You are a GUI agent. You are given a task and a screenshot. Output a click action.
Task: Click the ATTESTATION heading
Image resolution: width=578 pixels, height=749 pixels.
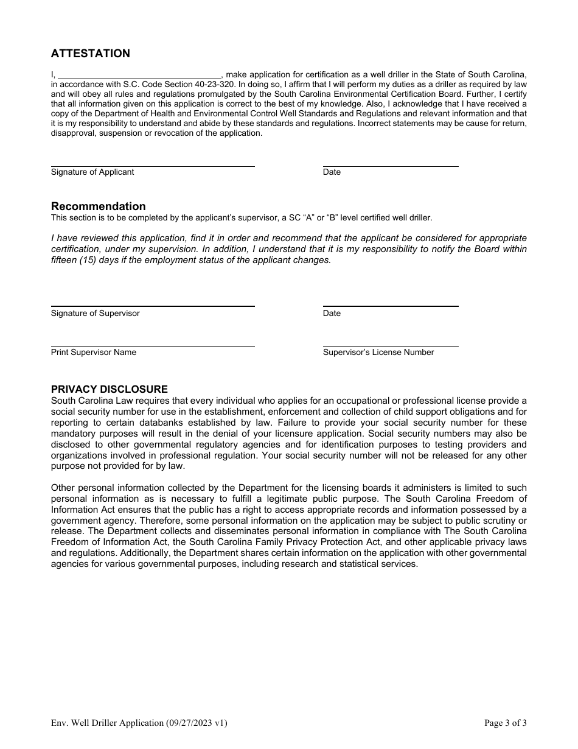[90, 54]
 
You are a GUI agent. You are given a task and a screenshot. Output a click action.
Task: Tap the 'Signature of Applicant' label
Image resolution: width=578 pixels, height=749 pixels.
[92, 172]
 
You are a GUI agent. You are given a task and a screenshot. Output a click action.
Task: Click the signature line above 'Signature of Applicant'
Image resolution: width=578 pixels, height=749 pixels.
[152, 165]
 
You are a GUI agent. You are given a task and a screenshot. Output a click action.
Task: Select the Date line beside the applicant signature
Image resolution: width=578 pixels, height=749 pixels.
[390, 165]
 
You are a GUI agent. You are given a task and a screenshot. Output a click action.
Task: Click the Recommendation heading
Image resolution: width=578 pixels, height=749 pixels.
[98, 206]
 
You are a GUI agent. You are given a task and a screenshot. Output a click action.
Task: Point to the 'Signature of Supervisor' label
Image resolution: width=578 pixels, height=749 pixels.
[95, 314]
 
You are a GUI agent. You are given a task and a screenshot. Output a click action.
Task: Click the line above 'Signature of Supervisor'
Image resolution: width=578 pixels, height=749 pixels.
[152, 306]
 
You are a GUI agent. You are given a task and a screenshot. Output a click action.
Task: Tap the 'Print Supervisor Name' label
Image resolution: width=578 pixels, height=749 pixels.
[93, 353]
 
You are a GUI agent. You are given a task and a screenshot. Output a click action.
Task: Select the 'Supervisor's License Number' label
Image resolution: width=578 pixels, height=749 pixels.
[378, 353]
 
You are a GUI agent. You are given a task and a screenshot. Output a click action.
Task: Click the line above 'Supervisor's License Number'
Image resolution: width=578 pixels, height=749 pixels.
[390, 346]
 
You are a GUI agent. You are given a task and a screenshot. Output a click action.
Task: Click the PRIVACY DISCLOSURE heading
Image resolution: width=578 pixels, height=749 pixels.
[109, 389]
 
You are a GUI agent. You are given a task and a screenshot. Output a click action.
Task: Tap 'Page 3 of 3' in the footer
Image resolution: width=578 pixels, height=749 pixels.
[505, 723]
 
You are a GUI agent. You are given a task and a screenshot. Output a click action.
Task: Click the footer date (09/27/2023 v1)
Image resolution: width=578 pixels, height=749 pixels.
[197, 723]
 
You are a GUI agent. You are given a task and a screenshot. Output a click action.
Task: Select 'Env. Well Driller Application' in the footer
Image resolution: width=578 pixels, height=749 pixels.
[107, 723]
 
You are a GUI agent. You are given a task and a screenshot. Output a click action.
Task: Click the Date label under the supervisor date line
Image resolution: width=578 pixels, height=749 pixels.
[332, 314]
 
